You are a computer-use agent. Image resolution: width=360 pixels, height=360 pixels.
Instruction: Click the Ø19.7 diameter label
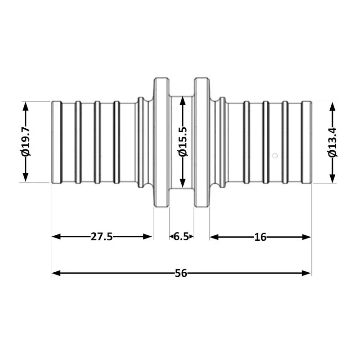pos(26,142)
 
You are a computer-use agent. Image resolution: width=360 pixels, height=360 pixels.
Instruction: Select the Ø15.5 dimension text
pos(182,142)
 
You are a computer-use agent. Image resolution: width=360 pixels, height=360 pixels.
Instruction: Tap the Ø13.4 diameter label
pos(333,142)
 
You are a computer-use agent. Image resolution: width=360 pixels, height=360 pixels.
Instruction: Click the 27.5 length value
pos(102,237)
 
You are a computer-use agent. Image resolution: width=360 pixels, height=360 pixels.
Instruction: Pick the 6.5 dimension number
pos(182,237)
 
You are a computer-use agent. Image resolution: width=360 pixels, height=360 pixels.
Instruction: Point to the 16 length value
pos(260,237)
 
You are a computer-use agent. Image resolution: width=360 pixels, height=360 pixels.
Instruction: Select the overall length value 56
pos(181,273)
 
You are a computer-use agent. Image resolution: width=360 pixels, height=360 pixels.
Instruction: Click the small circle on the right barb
pos(275,156)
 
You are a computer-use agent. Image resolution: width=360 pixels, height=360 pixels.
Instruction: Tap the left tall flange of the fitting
pos(161,142)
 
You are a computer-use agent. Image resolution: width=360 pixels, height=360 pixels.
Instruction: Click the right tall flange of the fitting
pos(202,142)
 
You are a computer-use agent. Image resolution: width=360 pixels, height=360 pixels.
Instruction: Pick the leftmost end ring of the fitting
pos(56,142)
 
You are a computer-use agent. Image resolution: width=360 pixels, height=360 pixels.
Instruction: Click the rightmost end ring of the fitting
pos(306,142)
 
